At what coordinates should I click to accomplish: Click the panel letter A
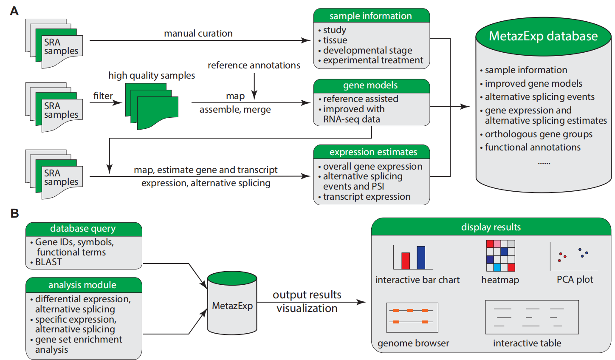tap(14, 11)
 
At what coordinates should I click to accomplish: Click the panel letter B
tap(14, 213)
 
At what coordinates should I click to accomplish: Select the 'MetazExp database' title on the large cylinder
tap(543, 36)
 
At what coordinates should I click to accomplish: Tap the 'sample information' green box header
tap(371, 16)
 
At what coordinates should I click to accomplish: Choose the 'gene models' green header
tap(370, 85)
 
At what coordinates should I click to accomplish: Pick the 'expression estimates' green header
tap(373, 152)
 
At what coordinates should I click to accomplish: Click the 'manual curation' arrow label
tap(198, 33)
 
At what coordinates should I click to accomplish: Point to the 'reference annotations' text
tap(254, 65)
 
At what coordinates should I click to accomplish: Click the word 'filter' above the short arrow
tap(103, 96)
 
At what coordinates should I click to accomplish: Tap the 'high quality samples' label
tap(152, 76)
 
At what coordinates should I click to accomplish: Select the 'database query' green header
tap(83, 229)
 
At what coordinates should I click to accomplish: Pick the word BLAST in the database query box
tap(48, 262)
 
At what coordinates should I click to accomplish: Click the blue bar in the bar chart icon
tap(421, 258)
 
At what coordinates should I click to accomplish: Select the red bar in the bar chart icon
tap(406, 261)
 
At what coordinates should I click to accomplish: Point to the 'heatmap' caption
tap(500, 280)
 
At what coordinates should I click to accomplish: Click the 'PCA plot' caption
tap(575, 280)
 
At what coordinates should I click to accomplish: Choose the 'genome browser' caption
tap(413, 343)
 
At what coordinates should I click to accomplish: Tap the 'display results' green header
tap(491, 227)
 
